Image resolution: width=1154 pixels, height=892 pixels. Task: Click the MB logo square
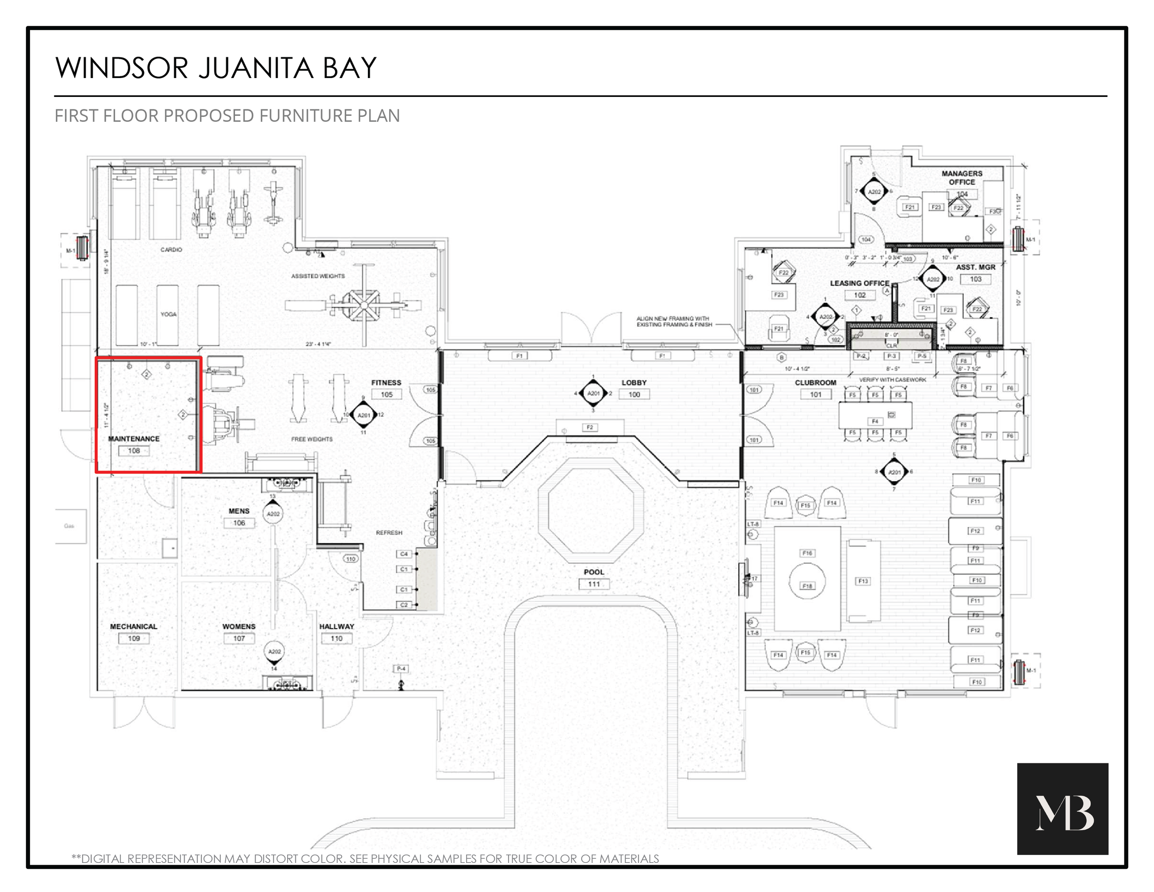tap(1062, 808)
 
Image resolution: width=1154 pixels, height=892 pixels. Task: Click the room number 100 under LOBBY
tap(634, 394)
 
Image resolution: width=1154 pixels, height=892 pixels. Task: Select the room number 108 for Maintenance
tap(134, 451)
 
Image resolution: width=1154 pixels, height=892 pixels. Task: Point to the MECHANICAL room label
tap(134, 626)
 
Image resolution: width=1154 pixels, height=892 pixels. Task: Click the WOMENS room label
tap(239, 626)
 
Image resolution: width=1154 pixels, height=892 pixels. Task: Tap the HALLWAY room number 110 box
tap(337, 639)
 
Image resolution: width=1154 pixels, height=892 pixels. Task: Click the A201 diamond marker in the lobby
tap(593, 393)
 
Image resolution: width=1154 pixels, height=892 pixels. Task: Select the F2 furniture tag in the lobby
tap(589, 427)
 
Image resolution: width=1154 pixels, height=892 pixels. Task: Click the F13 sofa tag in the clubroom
tap(863, 581)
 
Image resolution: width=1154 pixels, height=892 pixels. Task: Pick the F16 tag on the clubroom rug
tap(807, 553)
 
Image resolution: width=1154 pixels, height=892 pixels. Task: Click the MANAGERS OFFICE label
tap(962, 178)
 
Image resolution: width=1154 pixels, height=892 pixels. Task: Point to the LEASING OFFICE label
tap(859, 283)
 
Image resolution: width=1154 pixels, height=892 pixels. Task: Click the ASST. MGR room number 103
tap(975, 279)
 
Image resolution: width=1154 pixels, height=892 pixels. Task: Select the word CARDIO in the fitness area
tap(171, 249)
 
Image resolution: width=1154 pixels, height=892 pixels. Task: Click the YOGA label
tap(168, 314)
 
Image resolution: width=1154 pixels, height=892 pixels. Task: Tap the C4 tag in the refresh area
tap(404, 554)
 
